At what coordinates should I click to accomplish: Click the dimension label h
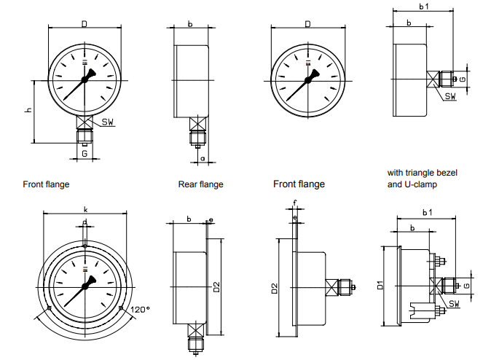pos(28,110)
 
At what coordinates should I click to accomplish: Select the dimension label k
pos(85,209)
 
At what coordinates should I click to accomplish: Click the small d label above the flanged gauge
pos(85,222)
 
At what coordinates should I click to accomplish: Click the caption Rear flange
pos(200,184)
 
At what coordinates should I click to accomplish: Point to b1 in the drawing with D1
pos(427,212)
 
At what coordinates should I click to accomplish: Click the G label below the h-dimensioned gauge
pos(85,153)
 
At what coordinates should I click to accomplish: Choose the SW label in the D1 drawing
pos(454,303)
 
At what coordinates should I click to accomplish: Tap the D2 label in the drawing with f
pos(275,289)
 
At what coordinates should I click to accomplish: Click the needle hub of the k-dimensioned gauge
pos(85,285)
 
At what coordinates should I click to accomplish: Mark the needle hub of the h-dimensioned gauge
pos(85,79)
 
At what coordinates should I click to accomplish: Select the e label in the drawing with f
pos(294,217)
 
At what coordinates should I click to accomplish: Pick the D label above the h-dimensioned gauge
pos(85,24)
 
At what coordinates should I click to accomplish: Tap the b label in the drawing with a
pos(189,24)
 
